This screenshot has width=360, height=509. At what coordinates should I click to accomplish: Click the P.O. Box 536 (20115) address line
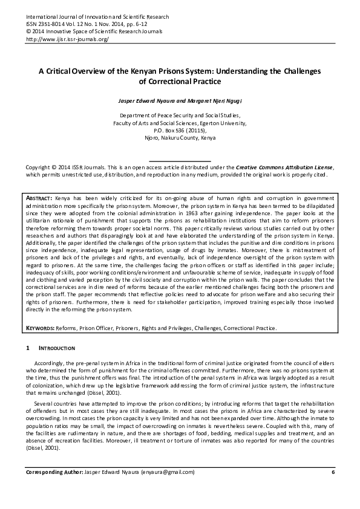tap(180, 129)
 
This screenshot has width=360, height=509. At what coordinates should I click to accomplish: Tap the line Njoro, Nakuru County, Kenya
tap(180, 137)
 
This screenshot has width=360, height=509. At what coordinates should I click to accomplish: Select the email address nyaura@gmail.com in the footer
tap(172, 488)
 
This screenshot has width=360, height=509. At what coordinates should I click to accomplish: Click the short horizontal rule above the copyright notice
tap(180, 160)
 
